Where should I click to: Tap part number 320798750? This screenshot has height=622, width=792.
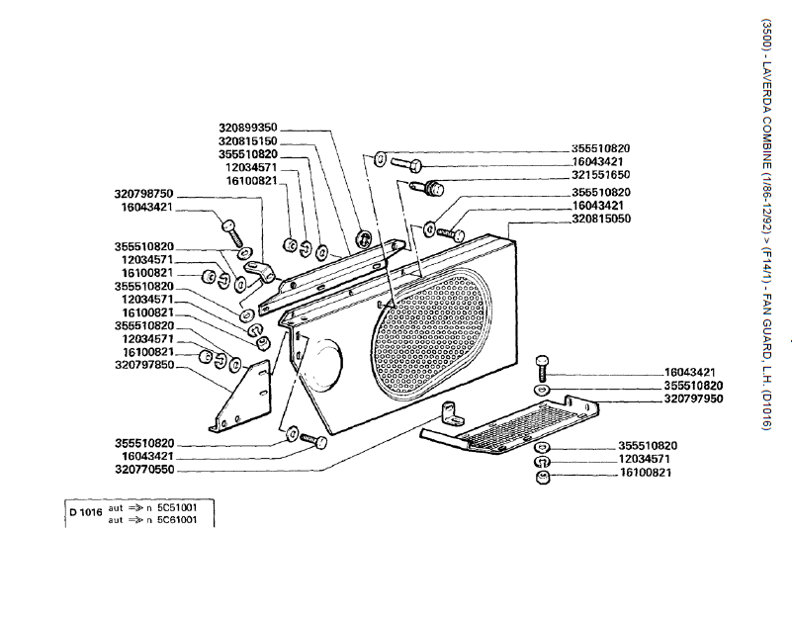(x=144, y=194)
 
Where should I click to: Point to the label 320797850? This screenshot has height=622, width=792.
(x=144, y=365)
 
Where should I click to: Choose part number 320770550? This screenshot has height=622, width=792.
(x=144, y=470)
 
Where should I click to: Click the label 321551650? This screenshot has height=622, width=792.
(x=600, y=174)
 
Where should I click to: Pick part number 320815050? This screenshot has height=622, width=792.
(x=600, y=219)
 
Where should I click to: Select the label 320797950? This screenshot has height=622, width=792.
(x=693, y=399)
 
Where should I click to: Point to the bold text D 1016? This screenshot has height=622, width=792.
(x=86, y=512)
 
